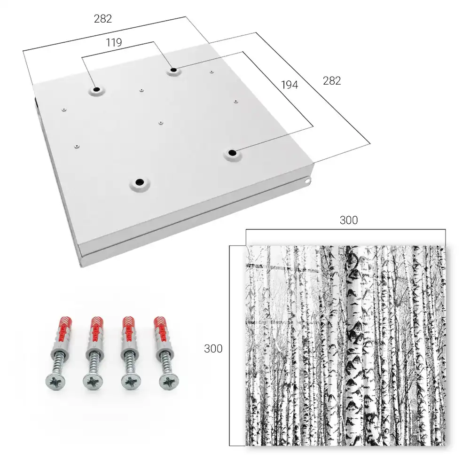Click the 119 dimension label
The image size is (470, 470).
[114, 43]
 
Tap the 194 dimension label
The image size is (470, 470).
[290, 85]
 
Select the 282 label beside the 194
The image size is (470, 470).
[332, 81]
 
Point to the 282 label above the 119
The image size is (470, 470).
[103, 19]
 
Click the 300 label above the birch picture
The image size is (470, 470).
[349, 220]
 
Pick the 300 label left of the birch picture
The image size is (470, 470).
[213, 349]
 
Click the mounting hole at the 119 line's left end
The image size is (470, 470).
[97, 89]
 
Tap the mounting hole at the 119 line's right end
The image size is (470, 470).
[173, 70]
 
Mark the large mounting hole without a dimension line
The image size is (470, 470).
[139, 182]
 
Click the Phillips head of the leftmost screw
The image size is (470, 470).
[55, 382]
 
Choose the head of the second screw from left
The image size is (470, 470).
[92, 382]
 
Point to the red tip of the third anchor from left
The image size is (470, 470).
[130, 327]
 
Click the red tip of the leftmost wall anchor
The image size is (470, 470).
[64, 327]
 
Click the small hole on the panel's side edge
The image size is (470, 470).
[307, 181]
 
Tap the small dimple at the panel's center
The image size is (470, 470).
[161, 123]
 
